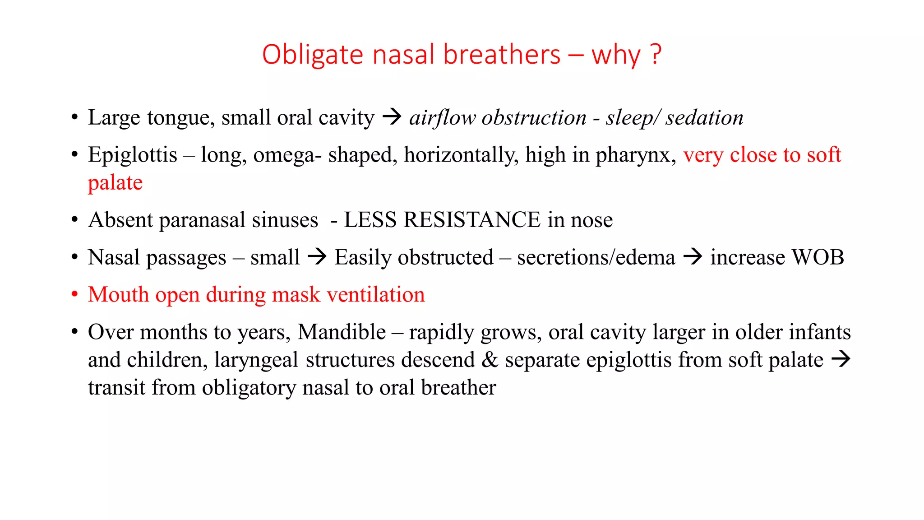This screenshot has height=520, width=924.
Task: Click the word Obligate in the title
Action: [312, 55]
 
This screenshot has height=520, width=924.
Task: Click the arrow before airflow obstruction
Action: [392, 117]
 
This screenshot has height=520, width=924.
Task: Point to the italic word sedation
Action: [704, 118]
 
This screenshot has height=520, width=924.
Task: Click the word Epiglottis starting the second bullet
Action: [132, 155]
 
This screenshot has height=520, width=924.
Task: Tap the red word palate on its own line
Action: [115, 183]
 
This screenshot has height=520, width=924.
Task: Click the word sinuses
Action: [285, 220]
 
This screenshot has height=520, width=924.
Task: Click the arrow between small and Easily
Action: [317, 257]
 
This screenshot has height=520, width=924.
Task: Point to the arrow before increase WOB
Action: [693, 257]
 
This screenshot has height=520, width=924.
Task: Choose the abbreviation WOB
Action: [818, 257]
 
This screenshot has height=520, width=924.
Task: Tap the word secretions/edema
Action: [596, 257]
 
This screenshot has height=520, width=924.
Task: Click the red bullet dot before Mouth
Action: [75, 295]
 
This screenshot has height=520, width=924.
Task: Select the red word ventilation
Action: [375, 295]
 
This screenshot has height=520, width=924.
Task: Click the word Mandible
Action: [342, 332]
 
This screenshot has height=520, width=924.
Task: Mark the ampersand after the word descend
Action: [490, 360]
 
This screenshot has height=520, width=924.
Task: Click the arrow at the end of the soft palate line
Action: [840, 360]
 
